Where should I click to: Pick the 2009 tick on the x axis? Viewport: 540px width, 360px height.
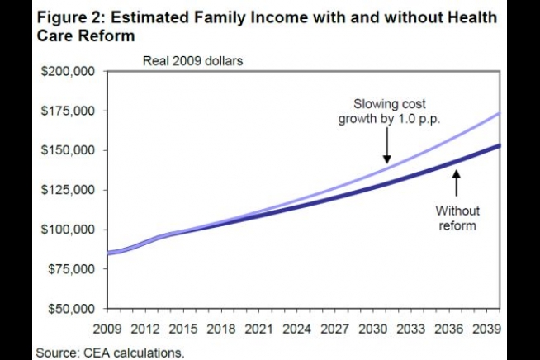108,327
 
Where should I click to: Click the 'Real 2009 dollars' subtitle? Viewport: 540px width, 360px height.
192,60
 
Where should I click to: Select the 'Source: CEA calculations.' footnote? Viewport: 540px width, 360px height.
111,352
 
